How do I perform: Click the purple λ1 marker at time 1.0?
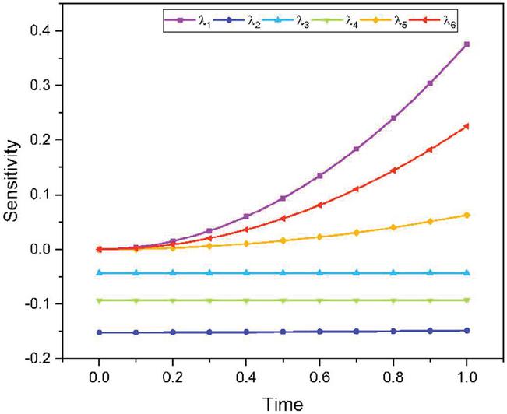(x=467, y=44)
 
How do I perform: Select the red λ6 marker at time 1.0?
(x=467, y=126)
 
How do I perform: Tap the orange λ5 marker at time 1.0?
(x=467, y=215)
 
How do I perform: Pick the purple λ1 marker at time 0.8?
(x=393, y=118)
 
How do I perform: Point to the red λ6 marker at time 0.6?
(x=319, y=205)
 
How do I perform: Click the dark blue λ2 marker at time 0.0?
(x=99, y=332)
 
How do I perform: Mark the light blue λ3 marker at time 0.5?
(x=283, y=273)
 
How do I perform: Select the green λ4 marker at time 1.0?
(x=467, y=300)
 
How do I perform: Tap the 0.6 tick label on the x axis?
(x=319, y=376)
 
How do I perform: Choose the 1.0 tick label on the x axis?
(x=467, y=376)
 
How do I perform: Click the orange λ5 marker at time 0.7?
(x=356, y=233)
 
